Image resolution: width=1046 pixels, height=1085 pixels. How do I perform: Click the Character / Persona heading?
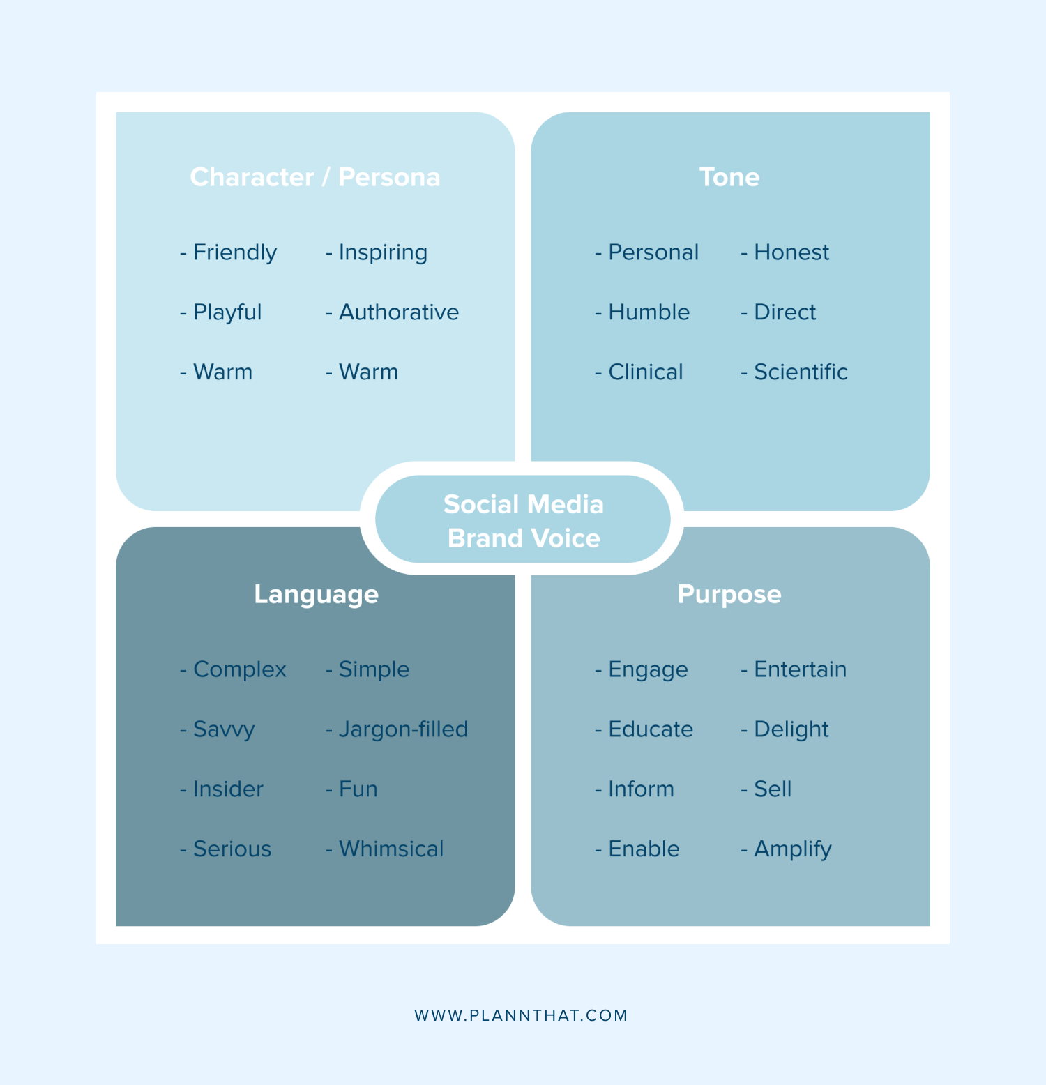coord(315,177)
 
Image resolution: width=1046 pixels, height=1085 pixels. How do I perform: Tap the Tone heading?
coord(729,177)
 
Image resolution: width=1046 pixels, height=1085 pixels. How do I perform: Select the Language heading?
coord(317,595)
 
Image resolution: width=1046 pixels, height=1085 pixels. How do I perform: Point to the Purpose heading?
coord(729,595)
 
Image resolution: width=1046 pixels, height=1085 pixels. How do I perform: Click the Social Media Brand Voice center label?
coord(524,521)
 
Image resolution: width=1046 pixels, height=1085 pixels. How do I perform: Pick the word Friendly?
coord(235,252)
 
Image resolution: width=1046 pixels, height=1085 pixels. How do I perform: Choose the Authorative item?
coord(399,312)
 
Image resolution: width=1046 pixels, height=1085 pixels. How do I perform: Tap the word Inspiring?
coord(383,252)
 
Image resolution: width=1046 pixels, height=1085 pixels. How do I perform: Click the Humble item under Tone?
coord(649,312)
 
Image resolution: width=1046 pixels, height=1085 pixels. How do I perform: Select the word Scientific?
coord(801,372)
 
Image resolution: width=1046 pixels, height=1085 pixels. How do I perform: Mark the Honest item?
coord(791,252)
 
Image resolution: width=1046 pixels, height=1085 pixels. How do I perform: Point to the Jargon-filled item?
coord(403,729)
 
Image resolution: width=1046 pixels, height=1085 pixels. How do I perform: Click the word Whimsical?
coord(391,849)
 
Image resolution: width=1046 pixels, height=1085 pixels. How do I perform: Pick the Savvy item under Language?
coord(224,729)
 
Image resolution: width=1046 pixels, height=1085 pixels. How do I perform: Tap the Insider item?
coord(228,789)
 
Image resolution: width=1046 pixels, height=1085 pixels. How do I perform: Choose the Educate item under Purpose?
coord(651,729)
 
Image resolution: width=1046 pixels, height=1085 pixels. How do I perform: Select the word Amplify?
coord(793,849)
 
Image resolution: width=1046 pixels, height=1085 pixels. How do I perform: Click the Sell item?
coord(773,789)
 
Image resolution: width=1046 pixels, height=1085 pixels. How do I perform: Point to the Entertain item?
coord(800,669)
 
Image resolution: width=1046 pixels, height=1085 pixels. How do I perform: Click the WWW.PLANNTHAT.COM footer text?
coord(521,1015)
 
